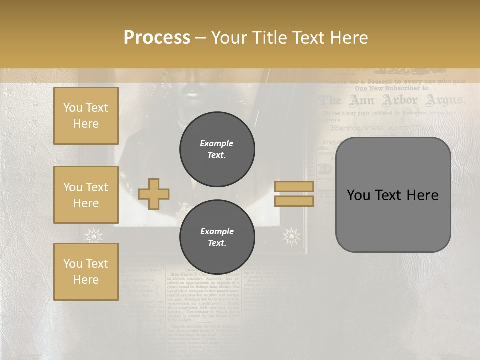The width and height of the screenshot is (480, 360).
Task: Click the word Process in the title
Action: (x=157, y=37)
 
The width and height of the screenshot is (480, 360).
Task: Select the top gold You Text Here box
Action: (x=86, y=116)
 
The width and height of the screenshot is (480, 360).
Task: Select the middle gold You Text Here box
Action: (x=86, y=195)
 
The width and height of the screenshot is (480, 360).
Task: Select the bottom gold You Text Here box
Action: (x=86, y=271)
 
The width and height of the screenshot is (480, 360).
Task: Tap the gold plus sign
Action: (x=154, y=194)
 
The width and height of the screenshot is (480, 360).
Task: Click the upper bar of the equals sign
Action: (x=294, y=186)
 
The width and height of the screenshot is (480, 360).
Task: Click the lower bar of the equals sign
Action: (x=294, y=201)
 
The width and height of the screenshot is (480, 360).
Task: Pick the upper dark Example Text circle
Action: (x=217, y=149)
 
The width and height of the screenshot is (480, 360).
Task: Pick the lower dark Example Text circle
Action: (x=217, y=237)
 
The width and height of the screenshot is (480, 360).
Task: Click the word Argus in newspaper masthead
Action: (x=444, y=101)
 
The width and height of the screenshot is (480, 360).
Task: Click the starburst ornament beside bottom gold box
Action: (x=93, y=235)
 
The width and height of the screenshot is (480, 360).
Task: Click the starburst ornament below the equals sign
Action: (x=292, y=236)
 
